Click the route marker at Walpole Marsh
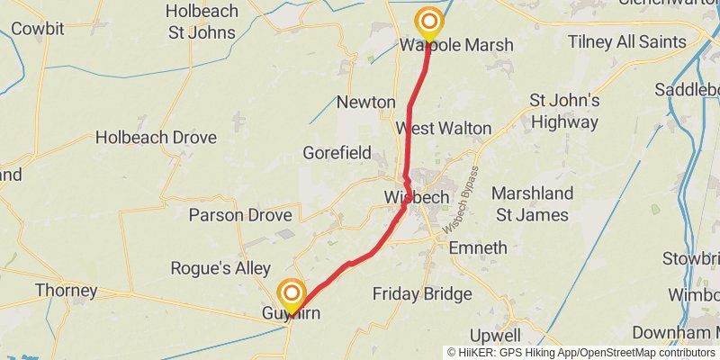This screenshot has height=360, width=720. coord(429,22)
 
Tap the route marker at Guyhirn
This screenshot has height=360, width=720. coord(291,294)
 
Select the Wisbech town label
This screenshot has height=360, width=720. coord(415,197)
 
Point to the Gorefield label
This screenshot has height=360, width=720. coord(337,152)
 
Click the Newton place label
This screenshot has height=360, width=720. coord(365,102)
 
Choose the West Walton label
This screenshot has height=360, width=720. coord(444,129)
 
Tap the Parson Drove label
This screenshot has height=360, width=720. coord(239,215)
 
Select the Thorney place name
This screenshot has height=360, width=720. coord(66,290)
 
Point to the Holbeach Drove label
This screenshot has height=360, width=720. coord(156,138)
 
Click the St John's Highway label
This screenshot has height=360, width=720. coord(563,111)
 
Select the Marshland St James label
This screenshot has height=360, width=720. coord(532,204)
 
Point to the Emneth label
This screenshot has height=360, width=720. coord(477,247)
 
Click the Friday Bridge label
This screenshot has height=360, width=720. coord(421,293)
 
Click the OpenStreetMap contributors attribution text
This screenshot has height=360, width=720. coord(645,352)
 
